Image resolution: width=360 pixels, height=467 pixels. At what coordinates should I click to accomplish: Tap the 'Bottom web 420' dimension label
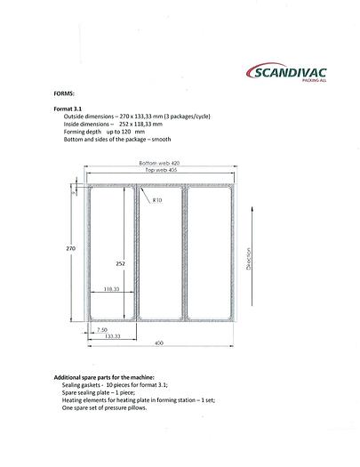[x=159, y=163]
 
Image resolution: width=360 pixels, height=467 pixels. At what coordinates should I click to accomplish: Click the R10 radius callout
[x=157, y=200]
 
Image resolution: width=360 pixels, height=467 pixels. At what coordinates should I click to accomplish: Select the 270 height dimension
[x=70, y=248]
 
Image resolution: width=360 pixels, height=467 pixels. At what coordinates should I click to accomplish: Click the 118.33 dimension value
[x=111, y=289]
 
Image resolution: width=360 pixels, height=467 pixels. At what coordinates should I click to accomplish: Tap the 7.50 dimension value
[x=103, y=329]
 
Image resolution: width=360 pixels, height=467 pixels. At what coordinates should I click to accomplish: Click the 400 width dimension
[x=159, y=342]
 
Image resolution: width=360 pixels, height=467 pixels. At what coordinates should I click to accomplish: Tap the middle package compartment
[x=159, y=254]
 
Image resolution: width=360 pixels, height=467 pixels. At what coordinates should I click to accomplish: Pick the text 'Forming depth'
[x=84, y=131]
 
